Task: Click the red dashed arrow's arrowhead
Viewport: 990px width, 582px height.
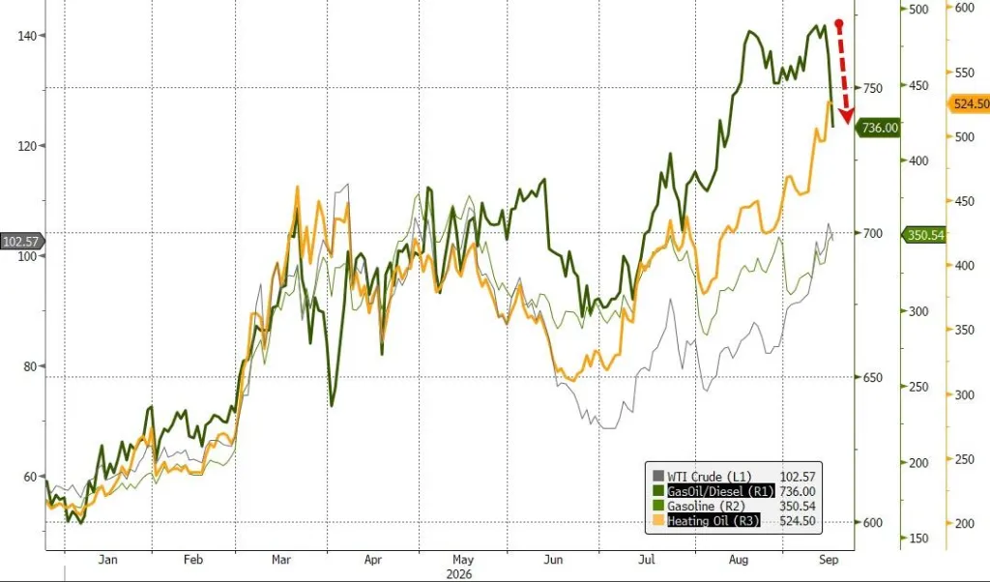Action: pyautogui.click(x=845, y=116)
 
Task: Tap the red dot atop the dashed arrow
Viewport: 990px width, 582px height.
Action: pyautogui.click(x=839, y=24)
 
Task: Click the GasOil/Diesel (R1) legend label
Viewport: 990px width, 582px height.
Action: pyautogui.click(x=720, y=491)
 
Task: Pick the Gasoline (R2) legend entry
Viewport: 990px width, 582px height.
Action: pyautogui.click(x=706, y=506)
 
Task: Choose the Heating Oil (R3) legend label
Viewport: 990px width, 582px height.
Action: pyautogui.click(x=713, y=520)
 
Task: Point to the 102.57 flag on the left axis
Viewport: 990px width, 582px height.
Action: pyautogui.click(x=21, y=241)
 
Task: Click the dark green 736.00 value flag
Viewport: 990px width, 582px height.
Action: pyautogui.click(x=878, y=128)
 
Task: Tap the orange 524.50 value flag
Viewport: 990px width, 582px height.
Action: pyautogui.click(x=969, y=103)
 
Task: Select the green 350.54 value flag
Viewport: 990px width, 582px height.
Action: pyautogui.click(x=923, y=236)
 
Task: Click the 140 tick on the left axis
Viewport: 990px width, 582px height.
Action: pyautogui.click(x=27, y=36)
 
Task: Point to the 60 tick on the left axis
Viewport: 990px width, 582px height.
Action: pyautogui.click(x=30, y=477)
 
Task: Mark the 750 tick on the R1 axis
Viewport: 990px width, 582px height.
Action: pyautogui.click(x=873, y=88)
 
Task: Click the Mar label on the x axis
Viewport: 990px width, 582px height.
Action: pyautogui.click(x=281, y=559)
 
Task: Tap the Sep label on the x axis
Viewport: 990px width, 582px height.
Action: pyautogui.click(x=829, y=559)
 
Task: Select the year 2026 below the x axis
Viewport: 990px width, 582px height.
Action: pyautogui.click(x=459, y=574)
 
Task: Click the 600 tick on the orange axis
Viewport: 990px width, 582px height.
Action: pyautogui.click(x=965, y=8)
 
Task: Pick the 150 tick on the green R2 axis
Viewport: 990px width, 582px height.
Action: pyautogui.click(x=918, y=538)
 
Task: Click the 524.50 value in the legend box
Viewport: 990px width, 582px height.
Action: pyautogui.click(x=798, y=521)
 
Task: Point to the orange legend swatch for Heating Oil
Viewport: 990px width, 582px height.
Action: pyautogui.click(x=658, y=520)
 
